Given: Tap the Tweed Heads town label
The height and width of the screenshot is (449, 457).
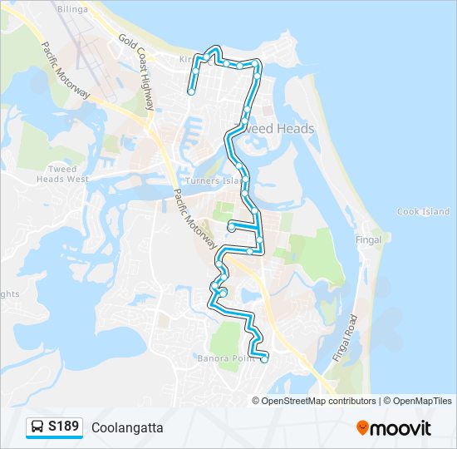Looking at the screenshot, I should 274,129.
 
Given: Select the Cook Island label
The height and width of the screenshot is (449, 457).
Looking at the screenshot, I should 423,212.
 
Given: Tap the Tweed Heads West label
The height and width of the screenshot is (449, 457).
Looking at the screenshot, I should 63,174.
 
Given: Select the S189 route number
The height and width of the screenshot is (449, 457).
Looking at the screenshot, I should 63,427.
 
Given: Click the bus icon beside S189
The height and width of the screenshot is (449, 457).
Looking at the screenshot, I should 37,427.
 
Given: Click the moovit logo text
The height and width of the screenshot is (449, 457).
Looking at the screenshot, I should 401,428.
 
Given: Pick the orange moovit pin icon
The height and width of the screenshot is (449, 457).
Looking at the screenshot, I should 362,427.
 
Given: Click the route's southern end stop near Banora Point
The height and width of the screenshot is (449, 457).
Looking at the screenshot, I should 264,359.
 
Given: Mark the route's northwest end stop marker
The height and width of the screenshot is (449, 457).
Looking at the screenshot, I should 191,91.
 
